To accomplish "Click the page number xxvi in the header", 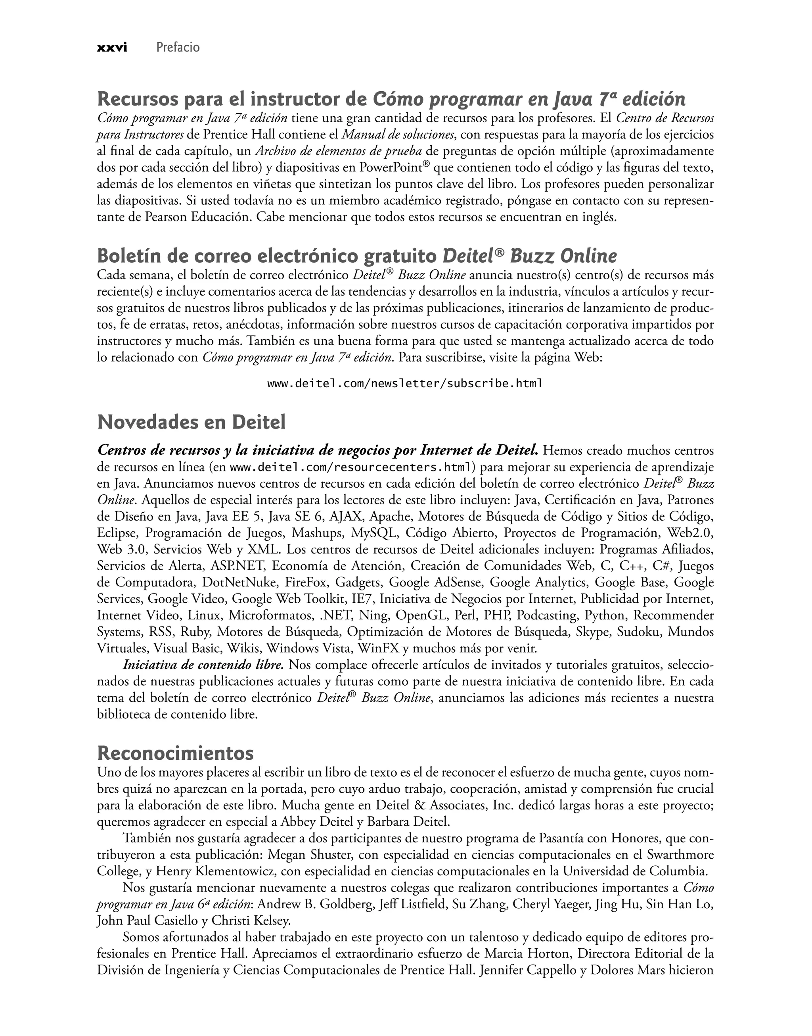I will click(112, 48).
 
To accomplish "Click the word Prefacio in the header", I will click(178, 48).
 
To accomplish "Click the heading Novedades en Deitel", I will click(191, 422).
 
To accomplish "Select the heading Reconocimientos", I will click(175, 753).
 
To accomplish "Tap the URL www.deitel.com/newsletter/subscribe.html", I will click(404, 383).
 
